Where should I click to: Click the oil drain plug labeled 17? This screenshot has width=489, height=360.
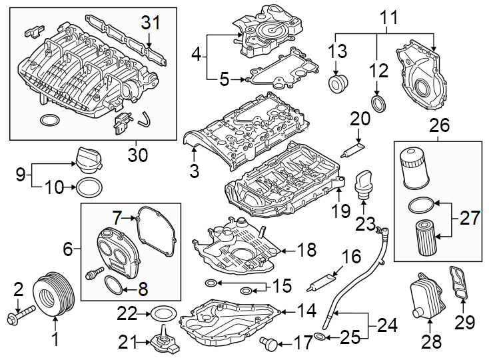[x=268, y=344]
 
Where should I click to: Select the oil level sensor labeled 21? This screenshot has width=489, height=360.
[x=162, y=342]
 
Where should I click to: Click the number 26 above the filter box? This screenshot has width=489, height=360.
[x=439, y=125]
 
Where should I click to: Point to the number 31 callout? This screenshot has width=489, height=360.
[x=151, y=23]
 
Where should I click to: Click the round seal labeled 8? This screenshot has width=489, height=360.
[x=114, y=286]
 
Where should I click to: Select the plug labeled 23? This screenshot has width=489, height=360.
[x=363, y=185]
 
